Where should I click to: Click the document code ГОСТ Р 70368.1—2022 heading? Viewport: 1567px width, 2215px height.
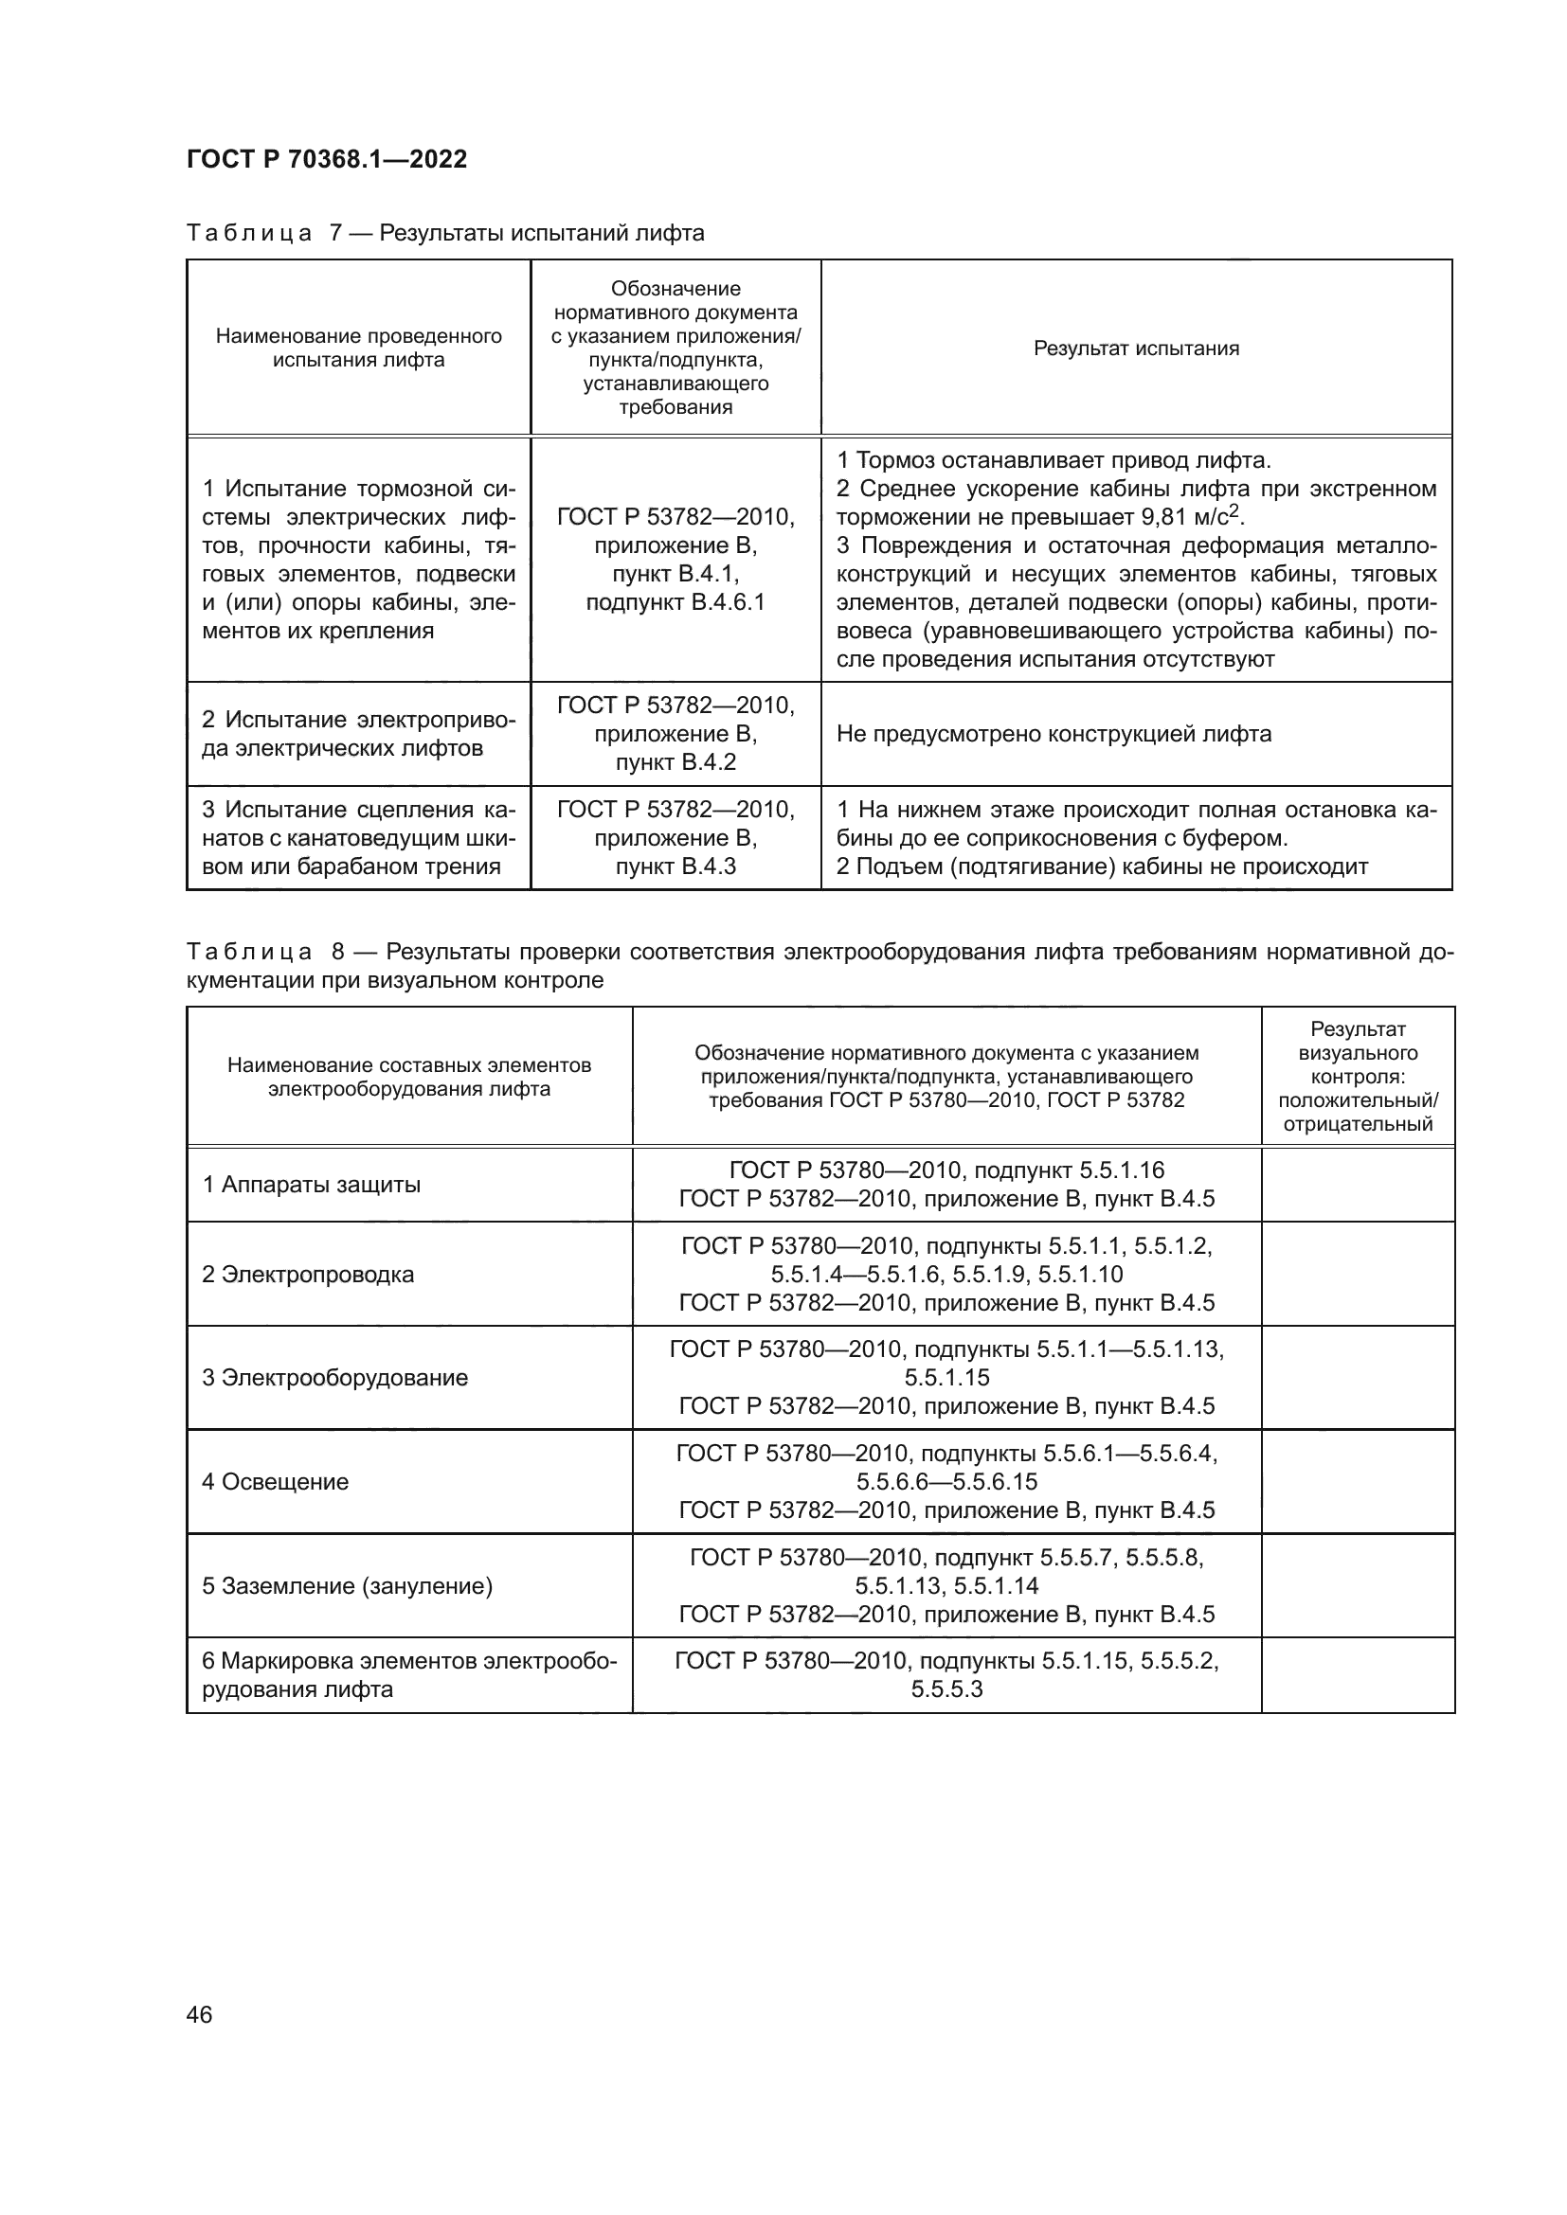[x=326, y=159]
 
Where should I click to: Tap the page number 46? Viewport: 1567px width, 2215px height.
[x=199, y=2014]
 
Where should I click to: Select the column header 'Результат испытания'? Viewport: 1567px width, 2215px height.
[x=1136, y=348]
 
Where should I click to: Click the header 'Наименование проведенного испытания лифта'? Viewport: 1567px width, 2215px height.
[x=358, y=348]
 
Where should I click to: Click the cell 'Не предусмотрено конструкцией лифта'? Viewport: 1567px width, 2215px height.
[x=1054, y=734]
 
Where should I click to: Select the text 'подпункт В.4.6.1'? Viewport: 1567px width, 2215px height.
[x=675, y=603]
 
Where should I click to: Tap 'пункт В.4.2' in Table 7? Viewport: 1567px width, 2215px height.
[x=675, y=762]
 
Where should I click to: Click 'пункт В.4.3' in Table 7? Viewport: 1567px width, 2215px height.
[x=675, y=866]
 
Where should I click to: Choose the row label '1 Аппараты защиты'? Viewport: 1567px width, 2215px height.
[x=311, y=1185]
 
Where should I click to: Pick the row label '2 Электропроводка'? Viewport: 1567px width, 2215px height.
[x=308, y=1275]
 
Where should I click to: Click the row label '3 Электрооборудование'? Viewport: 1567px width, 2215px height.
[x=334, y=1378]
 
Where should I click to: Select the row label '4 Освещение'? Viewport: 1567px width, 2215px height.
[x=275, y=1482]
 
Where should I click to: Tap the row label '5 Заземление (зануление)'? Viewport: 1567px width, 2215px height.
[x=348, y=1586]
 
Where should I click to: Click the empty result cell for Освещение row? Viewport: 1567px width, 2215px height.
[x=1357, y=1482]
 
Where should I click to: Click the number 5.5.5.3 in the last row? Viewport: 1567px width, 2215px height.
[x=946, y=1689]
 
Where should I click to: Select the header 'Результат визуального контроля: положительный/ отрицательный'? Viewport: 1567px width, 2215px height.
[x=1357, y=1077]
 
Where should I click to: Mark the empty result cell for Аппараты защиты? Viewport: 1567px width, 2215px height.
[x=1357, y=1185]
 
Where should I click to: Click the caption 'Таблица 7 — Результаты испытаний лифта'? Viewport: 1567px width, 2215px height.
[x=445, y=234]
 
